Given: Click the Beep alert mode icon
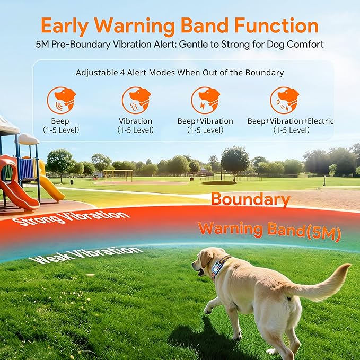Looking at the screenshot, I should pos(60,100).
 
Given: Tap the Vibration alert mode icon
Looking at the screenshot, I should pos(136,100).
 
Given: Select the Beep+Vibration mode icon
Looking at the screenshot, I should pos(205,100).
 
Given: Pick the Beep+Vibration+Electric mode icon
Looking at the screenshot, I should pos(284,100).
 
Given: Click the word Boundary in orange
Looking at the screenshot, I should pos(250,200).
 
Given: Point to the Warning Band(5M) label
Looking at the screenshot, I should pos(269,231).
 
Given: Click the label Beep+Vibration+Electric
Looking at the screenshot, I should pos(291,121).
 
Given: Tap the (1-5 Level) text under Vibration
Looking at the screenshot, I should pos(136,130).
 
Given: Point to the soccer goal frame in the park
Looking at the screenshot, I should pos(118,175).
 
